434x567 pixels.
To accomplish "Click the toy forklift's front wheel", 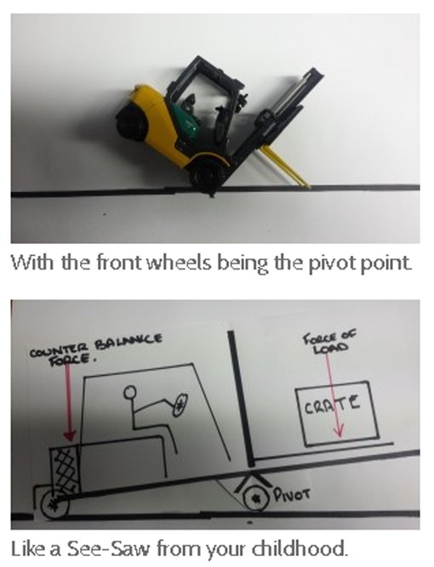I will [206, 175].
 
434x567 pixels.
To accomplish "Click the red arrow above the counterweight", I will [67, 400].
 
